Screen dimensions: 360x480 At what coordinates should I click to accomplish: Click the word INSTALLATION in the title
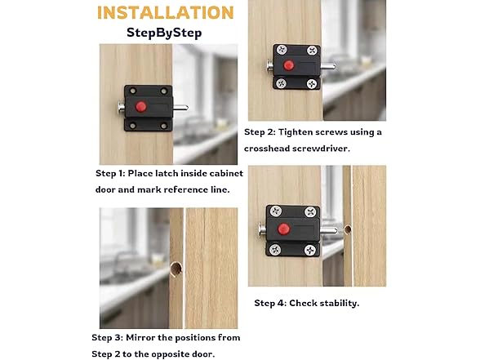(x=164, y=13)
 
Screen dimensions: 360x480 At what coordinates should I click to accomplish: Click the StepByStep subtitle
(x=164, y=33)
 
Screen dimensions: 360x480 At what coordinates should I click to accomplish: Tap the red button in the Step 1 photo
(x=140, y=106)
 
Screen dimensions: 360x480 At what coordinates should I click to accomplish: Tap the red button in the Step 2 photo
(x=288, y=64)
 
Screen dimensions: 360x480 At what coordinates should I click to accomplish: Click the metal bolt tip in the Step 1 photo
(x=184, y=107)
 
